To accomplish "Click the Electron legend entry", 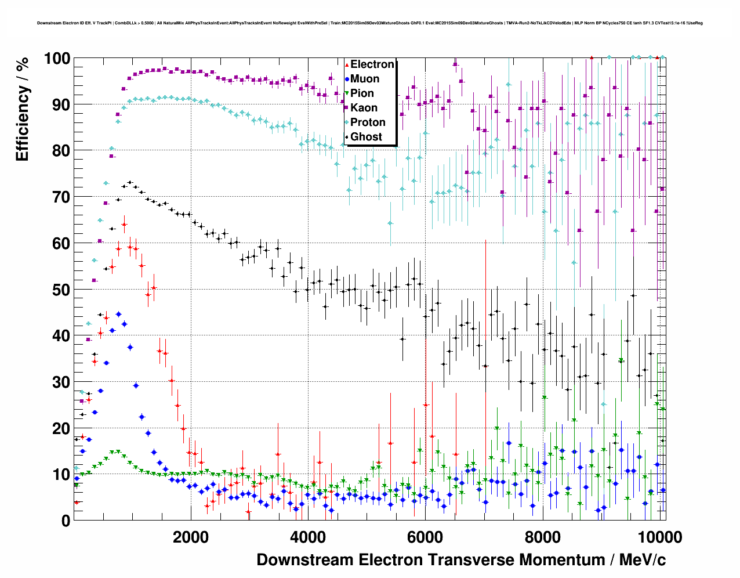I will (x=371, y=64).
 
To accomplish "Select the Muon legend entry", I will (x=364, y=79).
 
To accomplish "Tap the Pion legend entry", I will (x=362, y=93).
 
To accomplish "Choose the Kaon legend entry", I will (x=363, y=108).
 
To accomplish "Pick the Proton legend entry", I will (x=367, y=122).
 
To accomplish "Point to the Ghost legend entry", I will (x=365, y=137).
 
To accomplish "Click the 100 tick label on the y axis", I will (x=57, y=59).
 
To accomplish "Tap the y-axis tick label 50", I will (x=61, y=290).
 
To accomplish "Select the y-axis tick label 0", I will (x=66, y=521).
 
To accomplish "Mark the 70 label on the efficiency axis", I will (x=61, y=197).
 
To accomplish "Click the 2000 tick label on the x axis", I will (x=190, y=537).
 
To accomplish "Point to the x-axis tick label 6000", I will (x=425, y=537).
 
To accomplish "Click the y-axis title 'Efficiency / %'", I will (x=22, y=110).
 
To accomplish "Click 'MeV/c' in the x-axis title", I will (x=642, y=560).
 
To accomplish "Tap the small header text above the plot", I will (x=369, y=23).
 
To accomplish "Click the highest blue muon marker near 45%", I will (x=118, y=314).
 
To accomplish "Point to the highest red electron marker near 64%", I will (x=124, y=224).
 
